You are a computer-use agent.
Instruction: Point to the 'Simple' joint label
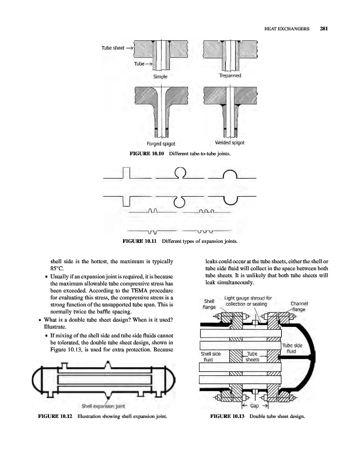coord(160,76)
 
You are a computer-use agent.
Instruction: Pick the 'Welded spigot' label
coord(230,143)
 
